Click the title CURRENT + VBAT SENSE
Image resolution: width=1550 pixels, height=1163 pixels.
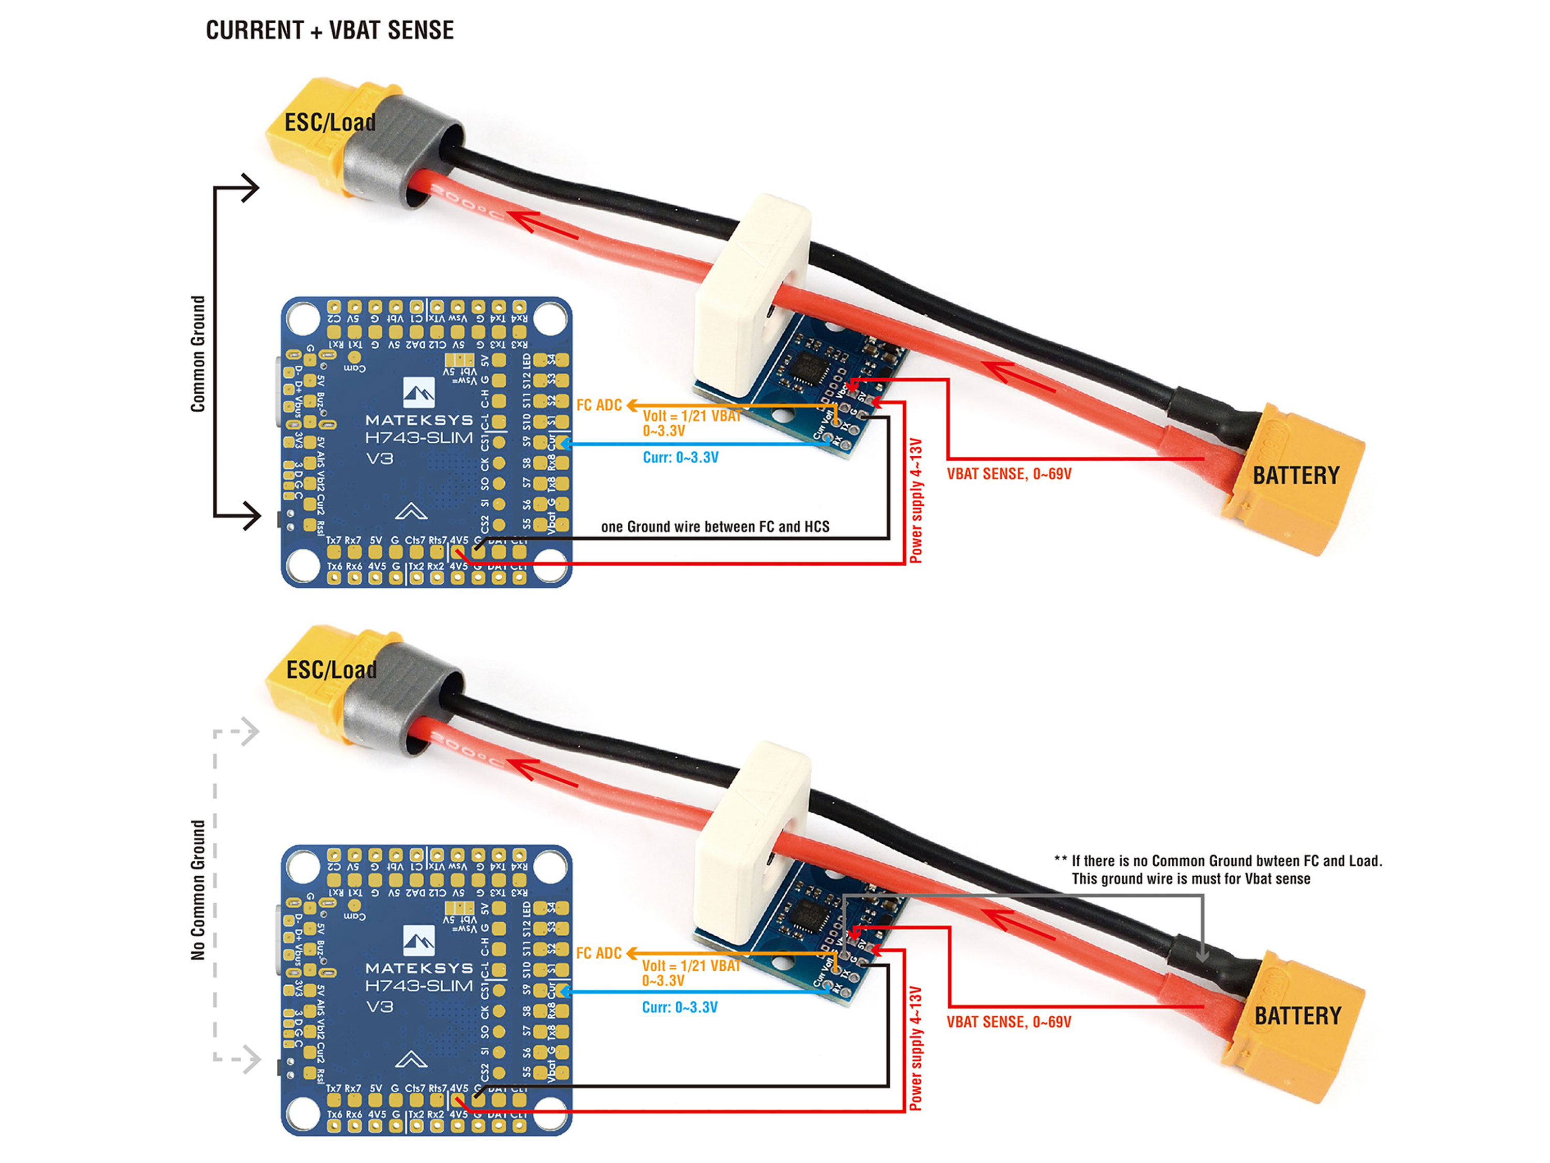[x=329, y=30]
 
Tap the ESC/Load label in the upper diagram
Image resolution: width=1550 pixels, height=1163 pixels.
[x=329, y=122]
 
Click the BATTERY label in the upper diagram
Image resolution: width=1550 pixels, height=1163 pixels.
[x=1296, y=476]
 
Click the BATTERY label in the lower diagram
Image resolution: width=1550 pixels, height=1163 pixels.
[x=1297, y=1016]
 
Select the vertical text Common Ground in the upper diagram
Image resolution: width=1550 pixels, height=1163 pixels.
[x=198, y=354]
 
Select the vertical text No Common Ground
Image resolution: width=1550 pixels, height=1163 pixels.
[x=198, y=890]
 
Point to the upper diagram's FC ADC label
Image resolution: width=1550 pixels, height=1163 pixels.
[x=599, y=405]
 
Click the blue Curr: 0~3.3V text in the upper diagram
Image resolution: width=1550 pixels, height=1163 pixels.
[x=680, y=457]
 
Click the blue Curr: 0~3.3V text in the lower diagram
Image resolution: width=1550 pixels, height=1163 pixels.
[x=680, y=1007]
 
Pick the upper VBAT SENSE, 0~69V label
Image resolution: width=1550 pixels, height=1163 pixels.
[x=1009, y=474]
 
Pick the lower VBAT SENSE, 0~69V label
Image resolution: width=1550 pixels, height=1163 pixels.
[x=1009, y=1022]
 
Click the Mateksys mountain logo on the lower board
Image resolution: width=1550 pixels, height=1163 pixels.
[x=419, y=941]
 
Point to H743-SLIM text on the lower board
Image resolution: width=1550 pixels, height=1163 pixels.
[x=419, y=986]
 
